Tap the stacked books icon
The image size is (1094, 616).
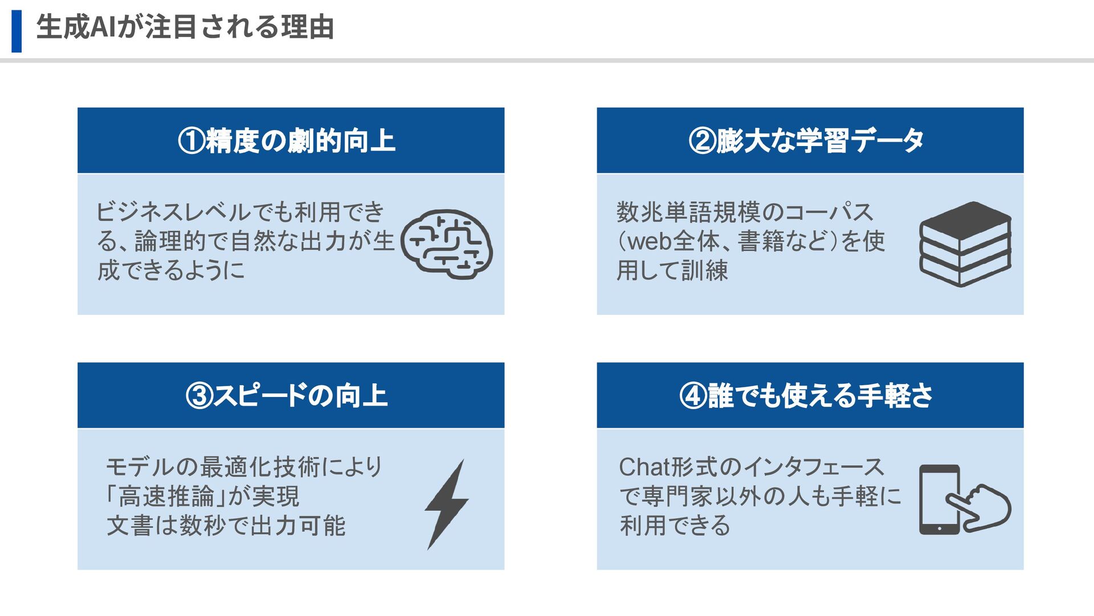pyautogui.click(x=965, y=244)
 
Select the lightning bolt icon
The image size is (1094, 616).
pyautogui.click(x=447, y=505)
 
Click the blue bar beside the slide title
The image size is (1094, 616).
pyautogui.click(x=17, y=31)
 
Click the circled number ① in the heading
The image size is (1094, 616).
pyautogui.click(x=191, y=141)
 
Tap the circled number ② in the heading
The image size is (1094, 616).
pyautogui.click(x=702, y=141)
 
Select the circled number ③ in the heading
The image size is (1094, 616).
pyautogui.click(x=199, y=396)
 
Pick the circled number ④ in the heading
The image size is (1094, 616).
pyautogui.click(x=693, y=396)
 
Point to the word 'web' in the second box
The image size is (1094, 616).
pyautogui.click(x=649, y=241)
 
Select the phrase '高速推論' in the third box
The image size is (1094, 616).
pyautogui.click(x=166, y=496)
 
